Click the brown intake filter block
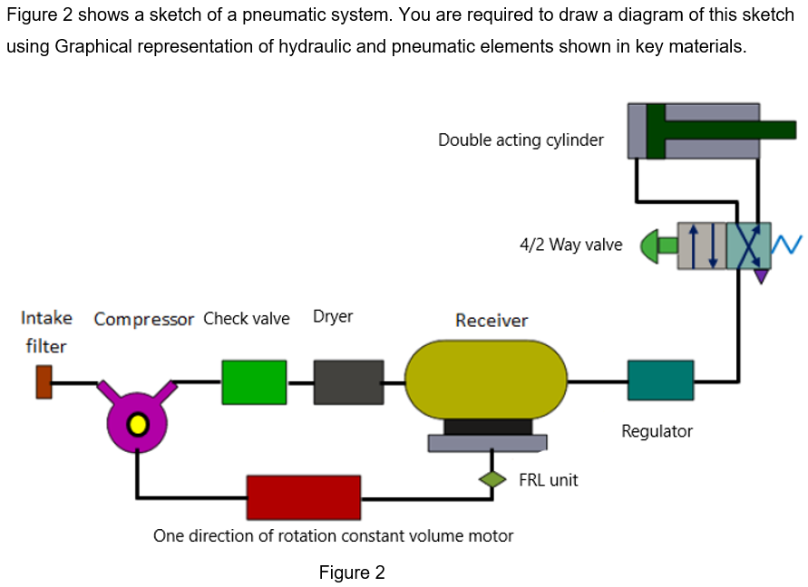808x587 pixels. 44,381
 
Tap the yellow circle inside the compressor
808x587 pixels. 137,423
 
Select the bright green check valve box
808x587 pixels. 254,381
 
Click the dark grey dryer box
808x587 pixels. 348,381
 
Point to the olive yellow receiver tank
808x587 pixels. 486,380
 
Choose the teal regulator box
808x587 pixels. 660,380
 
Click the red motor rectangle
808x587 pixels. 304,497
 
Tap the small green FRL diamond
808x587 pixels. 492,479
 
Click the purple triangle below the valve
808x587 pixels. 761,275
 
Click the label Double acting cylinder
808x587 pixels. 521,140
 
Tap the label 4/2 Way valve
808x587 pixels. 570,245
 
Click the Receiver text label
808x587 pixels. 491,321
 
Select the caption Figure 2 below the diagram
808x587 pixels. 352,573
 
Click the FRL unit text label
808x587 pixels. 548,480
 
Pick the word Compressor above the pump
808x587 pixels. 144,319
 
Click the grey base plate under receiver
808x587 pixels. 487,442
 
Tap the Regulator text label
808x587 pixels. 657,431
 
